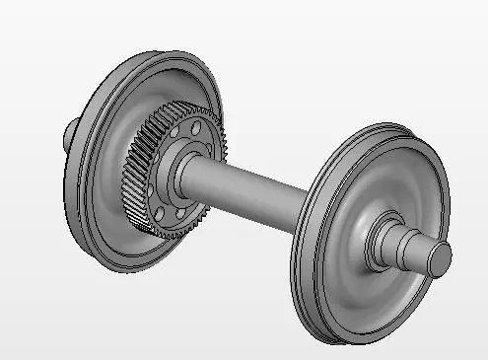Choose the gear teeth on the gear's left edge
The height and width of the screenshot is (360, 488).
pos(132,178)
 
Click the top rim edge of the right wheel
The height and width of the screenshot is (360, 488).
pos(365,128)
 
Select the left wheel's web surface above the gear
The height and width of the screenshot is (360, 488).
pos(163,84)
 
